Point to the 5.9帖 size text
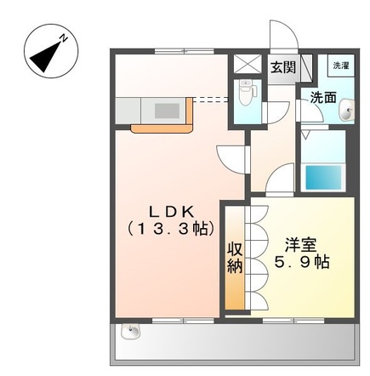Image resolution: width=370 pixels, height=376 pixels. pos(302,263)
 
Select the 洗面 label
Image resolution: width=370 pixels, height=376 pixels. pos(322,96)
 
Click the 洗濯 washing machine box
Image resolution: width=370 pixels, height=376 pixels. pos(340,66)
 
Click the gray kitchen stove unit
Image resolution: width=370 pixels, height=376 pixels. pos(167,110)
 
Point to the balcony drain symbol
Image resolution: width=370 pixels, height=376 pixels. pos(132,332)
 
